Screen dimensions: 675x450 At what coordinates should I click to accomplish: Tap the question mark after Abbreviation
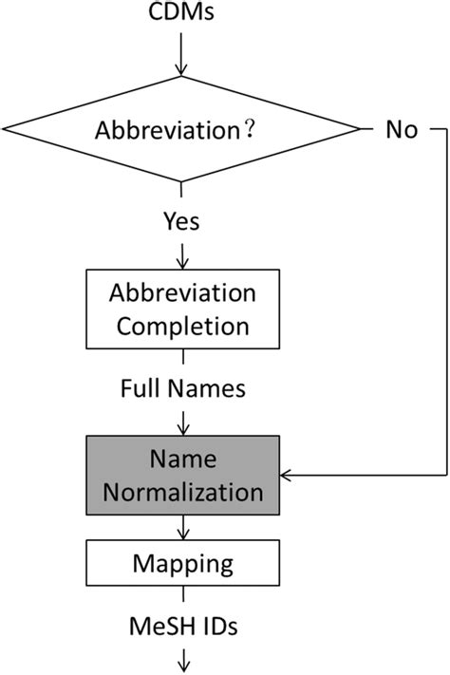coord(248,130)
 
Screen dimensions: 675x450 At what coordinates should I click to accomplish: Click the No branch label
coord(401,130)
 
